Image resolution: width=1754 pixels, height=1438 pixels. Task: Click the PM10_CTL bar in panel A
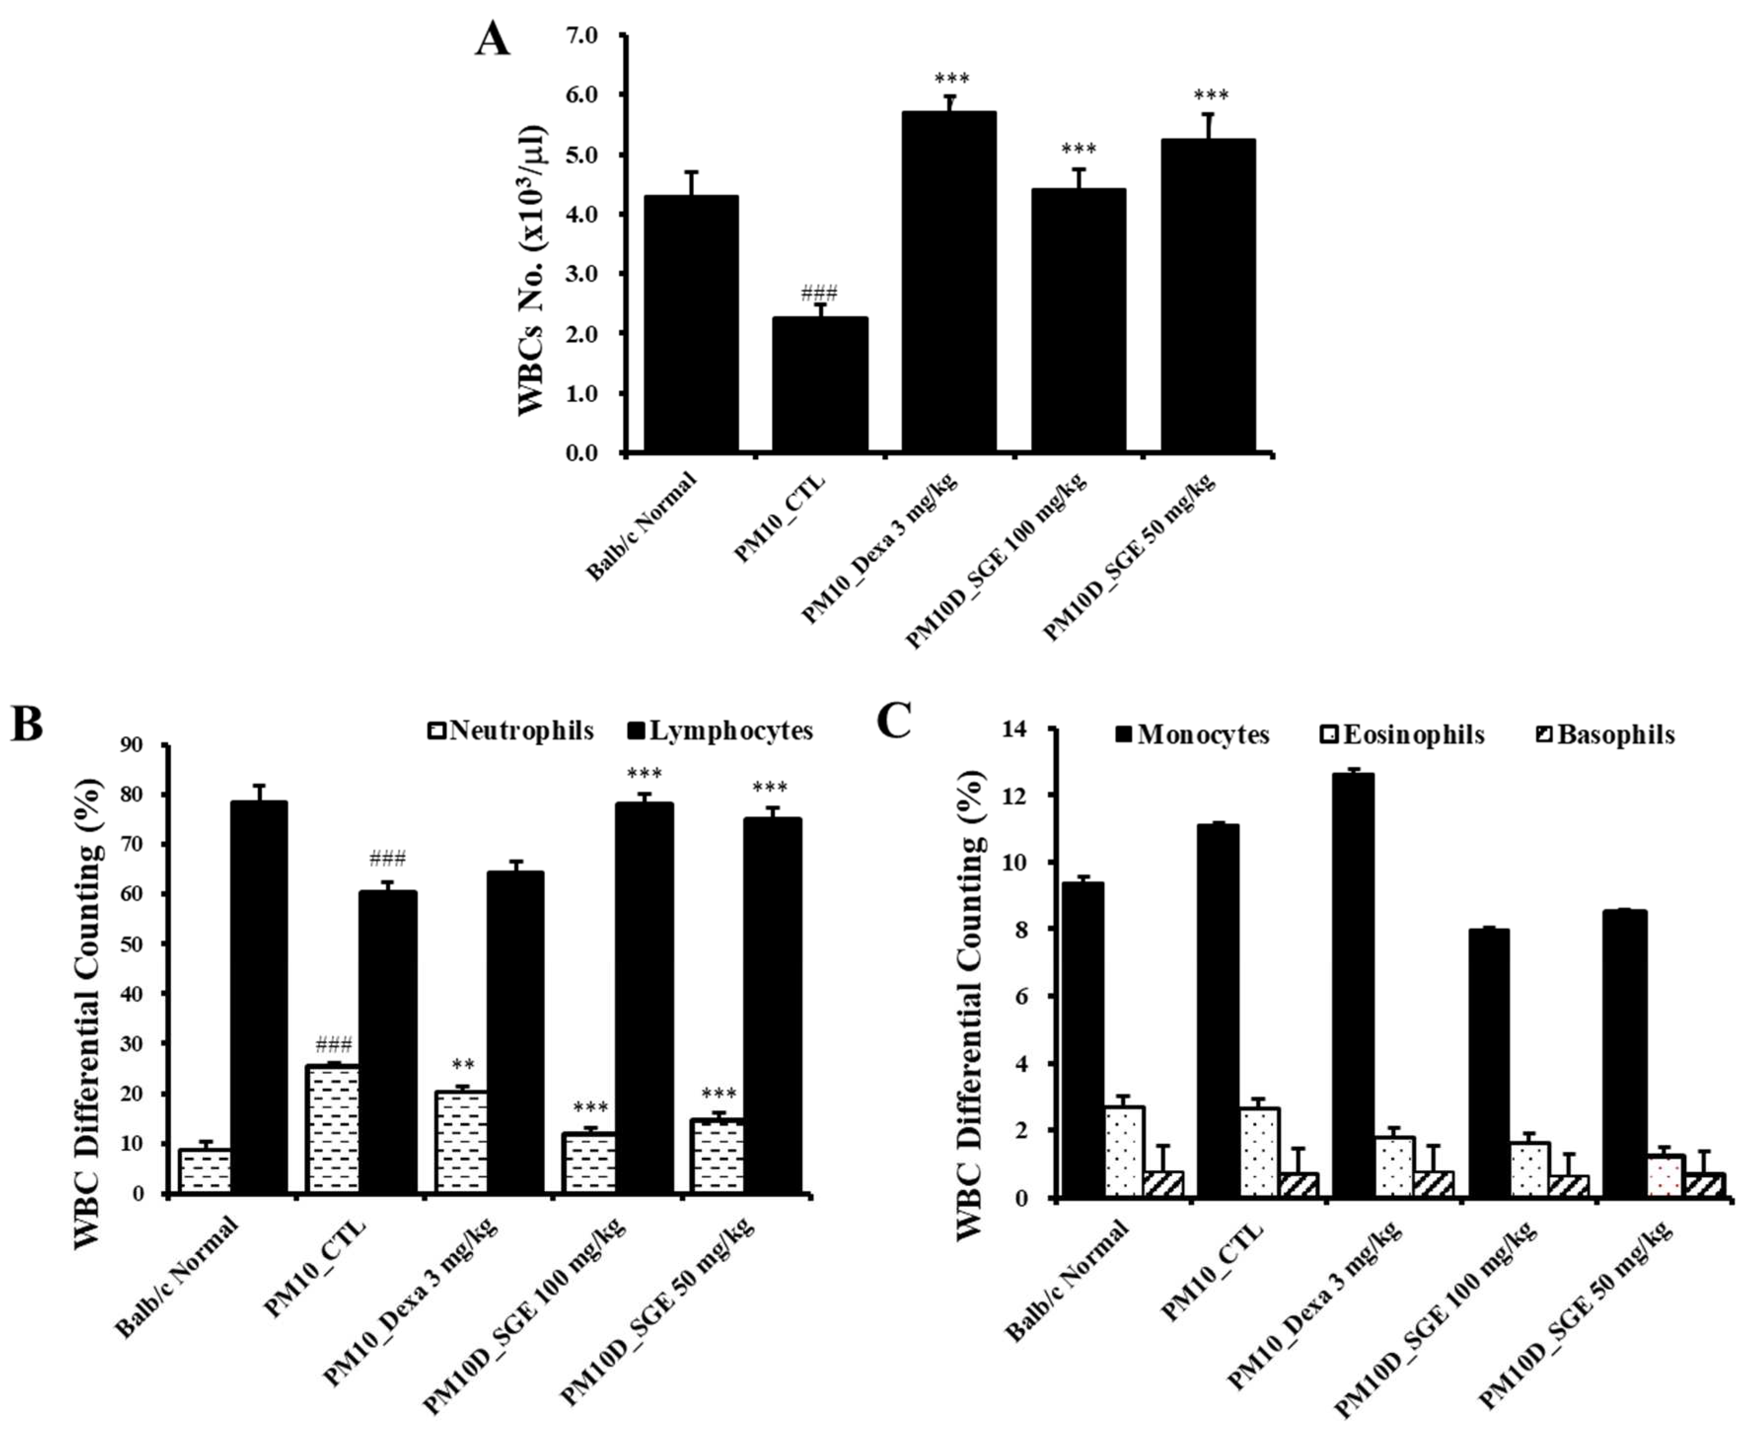click(x=820, y=385)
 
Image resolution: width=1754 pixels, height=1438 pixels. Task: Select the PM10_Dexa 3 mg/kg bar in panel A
click(x=949, y=282)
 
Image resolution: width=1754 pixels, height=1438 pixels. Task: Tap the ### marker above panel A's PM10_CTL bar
click(x=819, y=293)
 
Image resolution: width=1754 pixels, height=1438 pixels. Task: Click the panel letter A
click(x=492, y=39)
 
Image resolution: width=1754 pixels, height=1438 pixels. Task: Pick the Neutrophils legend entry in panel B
click(x=511, y=731)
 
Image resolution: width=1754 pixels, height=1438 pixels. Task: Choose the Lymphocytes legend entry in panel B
click(x=719, y=731)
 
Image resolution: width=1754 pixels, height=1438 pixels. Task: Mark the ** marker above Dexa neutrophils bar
click(x=463, y=1065)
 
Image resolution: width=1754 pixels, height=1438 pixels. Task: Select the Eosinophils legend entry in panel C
click(x=1401, y=735)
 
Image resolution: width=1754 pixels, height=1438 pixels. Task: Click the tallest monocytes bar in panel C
click(x=1353, y=985)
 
